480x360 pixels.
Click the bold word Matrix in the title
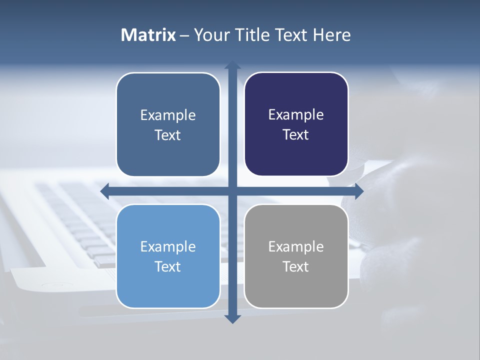(148, 35)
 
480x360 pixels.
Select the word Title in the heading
(251, 35)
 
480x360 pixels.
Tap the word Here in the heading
(331, 35)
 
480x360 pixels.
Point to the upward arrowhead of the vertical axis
(232, 65)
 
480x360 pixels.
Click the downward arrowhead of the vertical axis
(232, 318)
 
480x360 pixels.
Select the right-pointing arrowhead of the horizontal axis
(358, 191)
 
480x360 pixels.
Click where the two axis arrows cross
(232, 191)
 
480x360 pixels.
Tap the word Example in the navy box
(296, 115)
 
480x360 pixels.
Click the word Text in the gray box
(296, 266)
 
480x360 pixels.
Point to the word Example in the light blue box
(168, 246)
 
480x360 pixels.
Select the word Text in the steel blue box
(168, 135)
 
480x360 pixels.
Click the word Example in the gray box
(296, 246)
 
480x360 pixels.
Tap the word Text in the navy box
(296, 135)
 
